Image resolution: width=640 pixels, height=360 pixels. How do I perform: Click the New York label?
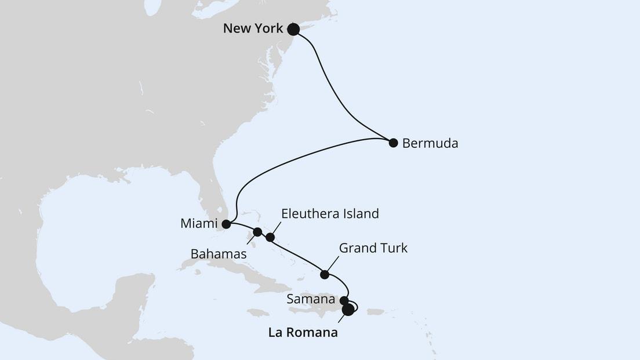point(253,28)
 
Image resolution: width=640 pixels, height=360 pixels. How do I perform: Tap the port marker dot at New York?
point(293,29)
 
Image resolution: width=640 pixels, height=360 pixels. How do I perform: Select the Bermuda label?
point(430,143)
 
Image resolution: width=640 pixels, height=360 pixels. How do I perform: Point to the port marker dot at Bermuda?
point(393,143)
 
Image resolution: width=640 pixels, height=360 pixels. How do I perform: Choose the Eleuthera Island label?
point(329,213)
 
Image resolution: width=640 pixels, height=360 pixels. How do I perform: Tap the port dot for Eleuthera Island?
point(270,237)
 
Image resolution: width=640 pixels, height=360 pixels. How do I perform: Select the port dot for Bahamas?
point(257,232)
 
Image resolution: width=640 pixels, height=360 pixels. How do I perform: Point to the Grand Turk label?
point(373,248)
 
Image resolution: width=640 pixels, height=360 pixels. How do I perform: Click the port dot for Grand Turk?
point(325,274)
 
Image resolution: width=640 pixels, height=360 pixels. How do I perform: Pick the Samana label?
point(311,300)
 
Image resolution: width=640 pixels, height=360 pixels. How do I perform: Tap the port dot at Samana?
point(344,300)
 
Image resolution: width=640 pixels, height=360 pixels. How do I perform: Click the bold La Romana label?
point(302,333)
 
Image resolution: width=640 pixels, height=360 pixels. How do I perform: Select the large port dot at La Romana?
point(348,310)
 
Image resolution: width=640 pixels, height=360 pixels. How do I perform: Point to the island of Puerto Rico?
point(376,312)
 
